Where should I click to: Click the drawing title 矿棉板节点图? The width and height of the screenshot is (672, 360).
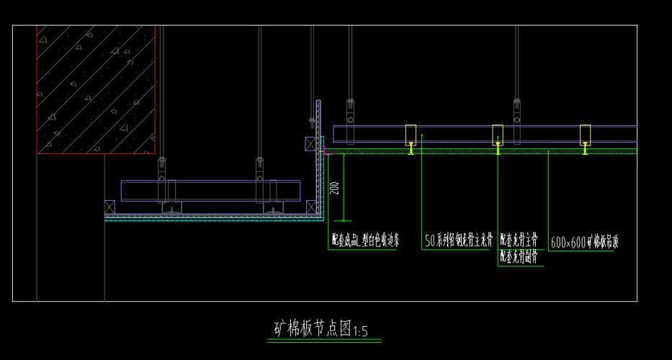tap(313, 330)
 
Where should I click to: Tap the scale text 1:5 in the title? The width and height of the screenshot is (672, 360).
tap(361, 332)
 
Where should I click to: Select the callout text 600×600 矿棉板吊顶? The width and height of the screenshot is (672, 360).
tap(584, 243)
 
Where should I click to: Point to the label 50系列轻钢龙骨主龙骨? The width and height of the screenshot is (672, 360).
tap(458, 240)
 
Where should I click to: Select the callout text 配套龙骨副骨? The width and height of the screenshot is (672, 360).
tap(519, 254)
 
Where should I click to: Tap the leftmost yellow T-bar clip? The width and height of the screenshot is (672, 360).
tap(411, 149)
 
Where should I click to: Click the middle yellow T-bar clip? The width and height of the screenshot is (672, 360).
tap(498, 149)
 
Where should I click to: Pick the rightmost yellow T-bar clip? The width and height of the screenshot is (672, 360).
tap(585, 149)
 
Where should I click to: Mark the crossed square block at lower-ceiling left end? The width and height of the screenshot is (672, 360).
tap(109, 207)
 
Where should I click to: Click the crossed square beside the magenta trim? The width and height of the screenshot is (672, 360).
tap(310, 144)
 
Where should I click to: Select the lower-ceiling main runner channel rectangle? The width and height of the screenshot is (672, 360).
tap(210, 191)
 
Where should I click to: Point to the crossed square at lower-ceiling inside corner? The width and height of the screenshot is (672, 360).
tap(310, 207)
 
